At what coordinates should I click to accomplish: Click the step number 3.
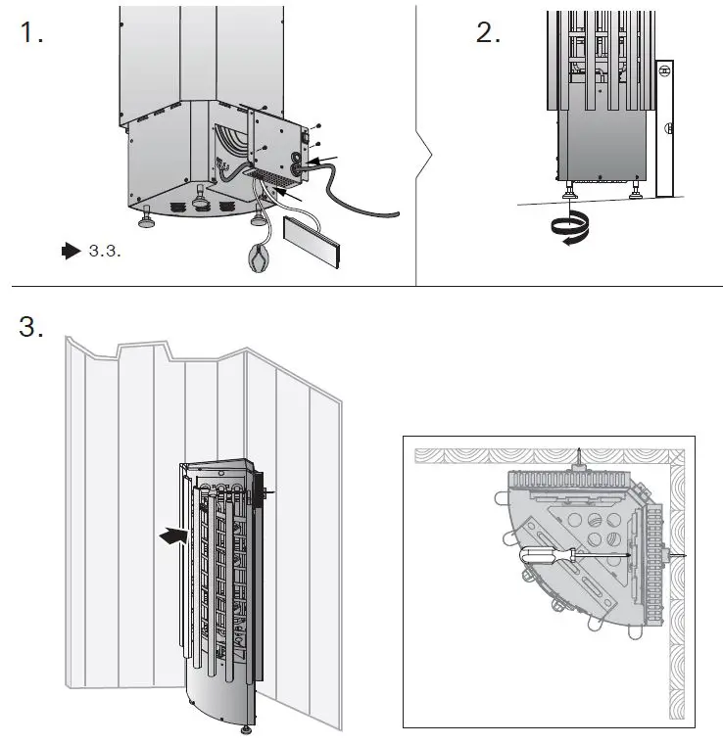pyautogui.click(x=31, y=326)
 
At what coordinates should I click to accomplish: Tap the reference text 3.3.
pyautogui.click(x=104, y=252)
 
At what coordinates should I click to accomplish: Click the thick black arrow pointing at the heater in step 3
pyautogui.click(x=173, y=535)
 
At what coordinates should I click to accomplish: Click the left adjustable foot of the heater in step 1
pyautogui.click(x=148, y=218)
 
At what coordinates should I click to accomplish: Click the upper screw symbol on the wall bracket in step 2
pyautogui.click(x=664, y=70)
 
